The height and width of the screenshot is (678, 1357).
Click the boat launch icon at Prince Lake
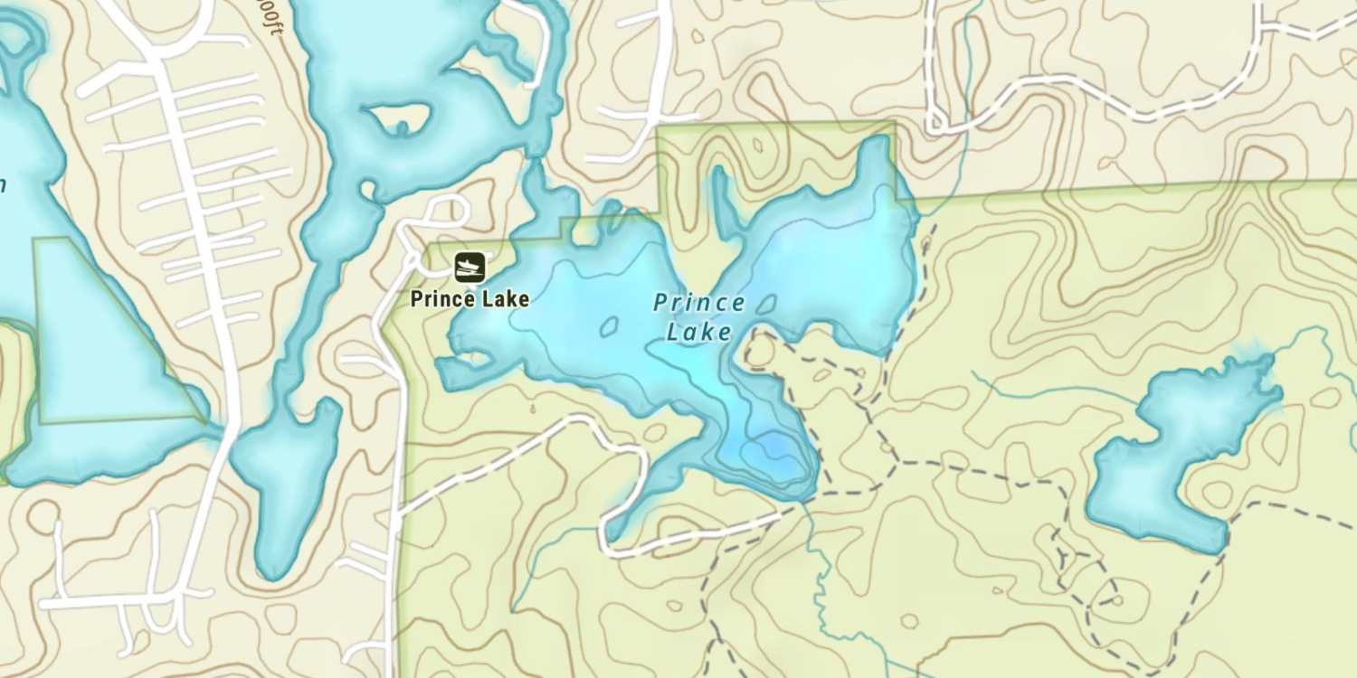click(x=469, y=267)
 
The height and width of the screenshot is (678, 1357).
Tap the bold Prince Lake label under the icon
click(x=470, y=298)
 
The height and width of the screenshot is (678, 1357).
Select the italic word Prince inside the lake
click(x=699, y=303)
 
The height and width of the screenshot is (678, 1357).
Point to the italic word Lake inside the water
click(x=698, y=332)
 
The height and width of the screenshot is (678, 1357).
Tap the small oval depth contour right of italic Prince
click(x=765, y=305)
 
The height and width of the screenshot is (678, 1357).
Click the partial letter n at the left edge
click(x=3, y=185)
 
